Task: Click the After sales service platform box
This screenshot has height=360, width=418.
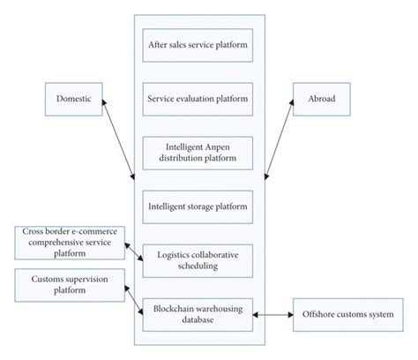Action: coord(198,44)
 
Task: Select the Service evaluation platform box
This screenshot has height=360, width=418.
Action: coord(198,98)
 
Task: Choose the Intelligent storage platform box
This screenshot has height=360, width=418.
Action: coord(198,206)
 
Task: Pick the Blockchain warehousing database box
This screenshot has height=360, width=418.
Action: coord(198,314)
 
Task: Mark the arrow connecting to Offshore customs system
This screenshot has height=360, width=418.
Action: coord(273,314)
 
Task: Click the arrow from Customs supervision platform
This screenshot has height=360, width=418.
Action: coord(132,299)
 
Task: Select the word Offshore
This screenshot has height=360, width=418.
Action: coord(321,314)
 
